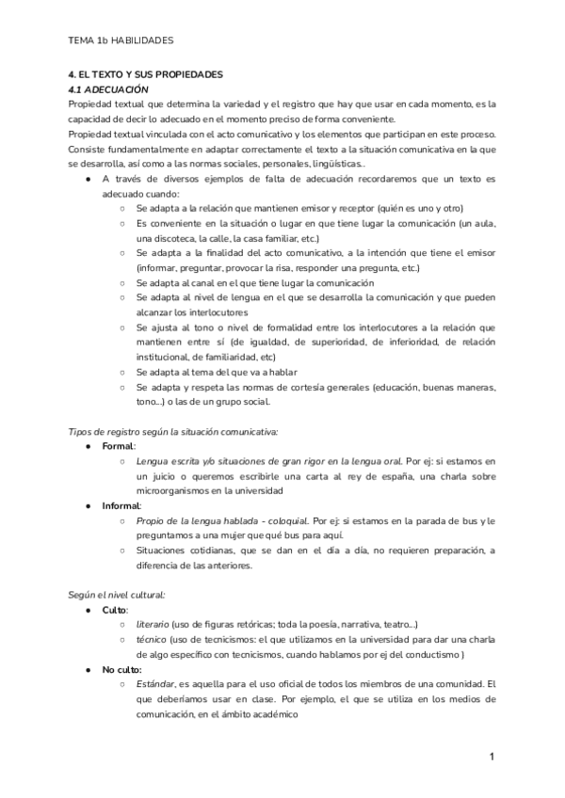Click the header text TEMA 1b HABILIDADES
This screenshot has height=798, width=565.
click(x=121, y=40)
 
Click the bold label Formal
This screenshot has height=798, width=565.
click(x=119, y=445)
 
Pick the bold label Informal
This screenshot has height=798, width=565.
click(x=123, y=505)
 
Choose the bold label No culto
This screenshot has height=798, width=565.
click(x=125, y=669)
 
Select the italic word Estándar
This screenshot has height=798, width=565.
click(x=161, y=683)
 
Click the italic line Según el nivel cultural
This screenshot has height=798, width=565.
click(x=118, y=594)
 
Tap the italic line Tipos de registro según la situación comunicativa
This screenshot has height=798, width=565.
click(x=173, y=430)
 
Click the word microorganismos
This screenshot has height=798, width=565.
click(x=177, y=490)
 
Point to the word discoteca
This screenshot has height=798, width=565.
click(x=179, y=237)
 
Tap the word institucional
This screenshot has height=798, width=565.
click(x=171, y=357)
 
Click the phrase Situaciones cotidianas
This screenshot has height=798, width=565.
click(x=184, y=550)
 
